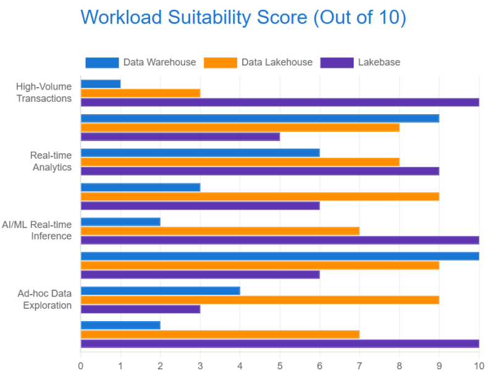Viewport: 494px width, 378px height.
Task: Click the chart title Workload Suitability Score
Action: coord(194,18)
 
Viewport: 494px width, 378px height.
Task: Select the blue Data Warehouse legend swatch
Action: coord(102,62)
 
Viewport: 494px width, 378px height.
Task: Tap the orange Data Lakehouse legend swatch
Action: coord(220,62)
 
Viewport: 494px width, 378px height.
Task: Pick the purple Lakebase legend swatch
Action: coord(337,62)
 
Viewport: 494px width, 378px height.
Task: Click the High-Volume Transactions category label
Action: coord(44,93)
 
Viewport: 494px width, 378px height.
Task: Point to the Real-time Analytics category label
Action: coord(51,161)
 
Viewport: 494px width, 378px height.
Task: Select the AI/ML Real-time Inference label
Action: coord(37,230)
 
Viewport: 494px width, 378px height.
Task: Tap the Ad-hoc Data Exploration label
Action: coord(44,299)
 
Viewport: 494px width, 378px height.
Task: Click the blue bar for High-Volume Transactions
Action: coord(101,84)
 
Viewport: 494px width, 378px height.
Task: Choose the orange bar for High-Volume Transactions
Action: coord(141,93)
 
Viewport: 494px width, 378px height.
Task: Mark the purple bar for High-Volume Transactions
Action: coord(280,103)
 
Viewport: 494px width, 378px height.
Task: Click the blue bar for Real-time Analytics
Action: coord(200,153)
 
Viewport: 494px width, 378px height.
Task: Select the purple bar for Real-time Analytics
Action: coord(260,171)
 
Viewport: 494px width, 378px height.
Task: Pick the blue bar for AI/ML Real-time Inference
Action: coord(120,222)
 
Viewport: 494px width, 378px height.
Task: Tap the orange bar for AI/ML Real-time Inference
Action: coord(220,231)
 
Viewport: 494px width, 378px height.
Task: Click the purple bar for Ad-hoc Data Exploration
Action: coord(141,309)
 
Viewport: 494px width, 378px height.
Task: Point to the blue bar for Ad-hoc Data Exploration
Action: coord(161,291)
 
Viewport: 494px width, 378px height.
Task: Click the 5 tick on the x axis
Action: coord(280,366)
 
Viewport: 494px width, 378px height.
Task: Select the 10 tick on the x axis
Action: coord(479,366)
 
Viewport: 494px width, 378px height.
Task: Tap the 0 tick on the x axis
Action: coord(81,366)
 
